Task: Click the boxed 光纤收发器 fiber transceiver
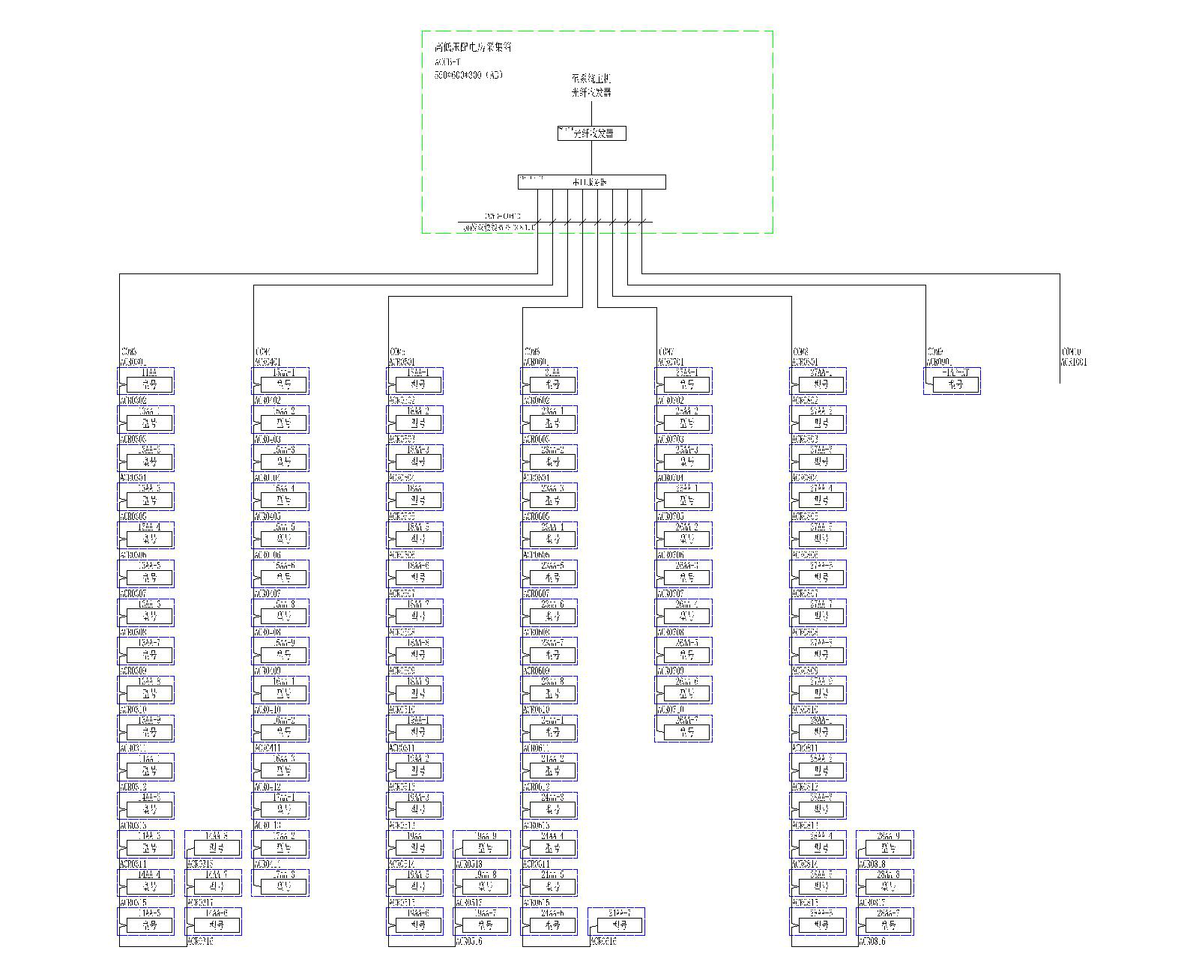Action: click(x=591, y=133)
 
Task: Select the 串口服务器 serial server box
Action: click(x=591, y=182)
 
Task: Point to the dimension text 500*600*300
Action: click(x=468, y=75)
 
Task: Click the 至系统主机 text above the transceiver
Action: click(x=591, y=78)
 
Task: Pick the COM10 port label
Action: click(x=1072, y=351)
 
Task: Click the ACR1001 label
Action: click(x=1074, y=362)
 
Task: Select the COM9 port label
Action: click(x=935, y=351)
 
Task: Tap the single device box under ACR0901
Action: click(x=952, y=381)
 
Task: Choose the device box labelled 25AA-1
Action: click(x=683, y=381)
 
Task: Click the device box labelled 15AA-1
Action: click(x=280, y=381)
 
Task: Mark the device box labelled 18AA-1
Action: click(x=415, y=381)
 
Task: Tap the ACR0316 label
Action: click(x=201, y=941)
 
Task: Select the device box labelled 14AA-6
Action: click(x=214, y=921)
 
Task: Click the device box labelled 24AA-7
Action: click(x=616, y=921)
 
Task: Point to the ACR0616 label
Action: click(x=604, y=941)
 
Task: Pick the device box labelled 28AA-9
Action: click(x=885, y=844)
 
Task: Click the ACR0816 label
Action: click(x=872, y=941)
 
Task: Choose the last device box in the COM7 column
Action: click(x=683, y=728)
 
